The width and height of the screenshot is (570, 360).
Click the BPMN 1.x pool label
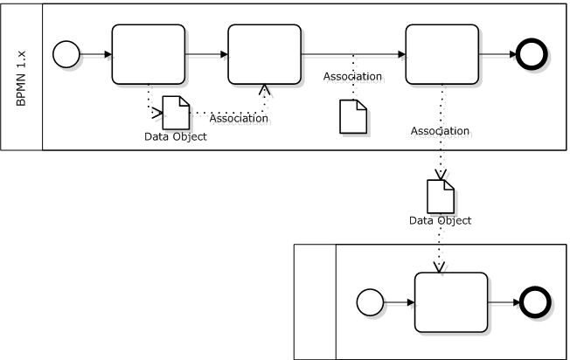(x=21, y=79)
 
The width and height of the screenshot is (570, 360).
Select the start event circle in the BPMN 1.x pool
(x=66, y=54)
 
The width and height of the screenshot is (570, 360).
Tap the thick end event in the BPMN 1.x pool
(x=532, y=54)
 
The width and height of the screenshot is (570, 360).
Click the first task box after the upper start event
(x=149, y=54)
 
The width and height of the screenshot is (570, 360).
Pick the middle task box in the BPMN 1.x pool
(x=265, y=54)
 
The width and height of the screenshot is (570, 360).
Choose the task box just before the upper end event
(x=442, y=54)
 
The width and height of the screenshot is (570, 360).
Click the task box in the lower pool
(x=451, y=302)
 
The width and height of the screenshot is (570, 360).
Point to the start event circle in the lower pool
(x=370, y=302)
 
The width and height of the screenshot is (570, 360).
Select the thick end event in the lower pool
(x=535, y=302)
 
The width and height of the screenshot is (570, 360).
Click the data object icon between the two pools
(x=441, y=197)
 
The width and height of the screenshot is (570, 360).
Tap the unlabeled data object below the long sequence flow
(x=353, y=116)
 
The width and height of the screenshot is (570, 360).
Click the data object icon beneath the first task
(x=176, y=113)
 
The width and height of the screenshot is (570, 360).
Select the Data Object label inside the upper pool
(x=176, y=136)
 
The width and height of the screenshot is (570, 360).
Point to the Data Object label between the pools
(x=441, y=220)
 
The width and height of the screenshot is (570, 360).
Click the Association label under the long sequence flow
(x=352, y=76)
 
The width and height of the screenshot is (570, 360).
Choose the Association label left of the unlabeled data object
(x=239, y=118)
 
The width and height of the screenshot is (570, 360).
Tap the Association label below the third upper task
(x=441, y=131)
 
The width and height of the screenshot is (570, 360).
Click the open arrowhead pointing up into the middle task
(x=264, y=89)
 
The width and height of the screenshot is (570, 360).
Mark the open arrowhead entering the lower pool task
(x=439, y=267)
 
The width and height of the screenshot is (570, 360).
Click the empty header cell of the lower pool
(x=316, y=301)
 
